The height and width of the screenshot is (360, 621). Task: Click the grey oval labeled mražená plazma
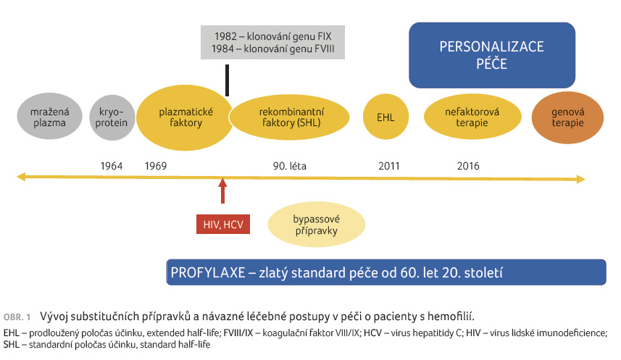[49, 117]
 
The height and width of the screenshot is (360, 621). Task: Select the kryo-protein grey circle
[112, 117]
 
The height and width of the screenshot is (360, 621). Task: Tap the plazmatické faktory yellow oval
[185, 117]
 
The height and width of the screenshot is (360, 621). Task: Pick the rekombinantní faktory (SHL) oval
[290, 117]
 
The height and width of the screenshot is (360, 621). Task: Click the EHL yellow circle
[385, 117]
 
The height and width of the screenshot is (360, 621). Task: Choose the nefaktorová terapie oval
[472, 117]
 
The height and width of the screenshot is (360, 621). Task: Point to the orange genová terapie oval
[567, 117]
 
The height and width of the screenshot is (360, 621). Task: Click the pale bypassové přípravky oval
[317, 225]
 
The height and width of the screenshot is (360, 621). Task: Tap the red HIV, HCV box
[223, 225]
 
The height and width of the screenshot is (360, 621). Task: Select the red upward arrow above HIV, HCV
[223, 191]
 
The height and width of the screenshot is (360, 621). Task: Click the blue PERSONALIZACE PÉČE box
[492, 55]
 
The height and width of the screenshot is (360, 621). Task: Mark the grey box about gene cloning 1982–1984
[272, 43]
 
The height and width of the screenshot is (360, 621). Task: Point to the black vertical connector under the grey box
[227, 80]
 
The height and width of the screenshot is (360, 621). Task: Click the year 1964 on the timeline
[112, 166]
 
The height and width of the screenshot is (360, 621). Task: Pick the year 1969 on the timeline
[156, 166]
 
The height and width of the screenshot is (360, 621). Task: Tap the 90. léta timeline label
[290, 166]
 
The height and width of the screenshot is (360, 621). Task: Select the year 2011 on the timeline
[389, 166]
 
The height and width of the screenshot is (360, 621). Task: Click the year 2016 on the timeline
[468, 166]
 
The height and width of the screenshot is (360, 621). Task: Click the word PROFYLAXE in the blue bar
[208, 272]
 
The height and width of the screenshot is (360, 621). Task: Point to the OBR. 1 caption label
[17, 317]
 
